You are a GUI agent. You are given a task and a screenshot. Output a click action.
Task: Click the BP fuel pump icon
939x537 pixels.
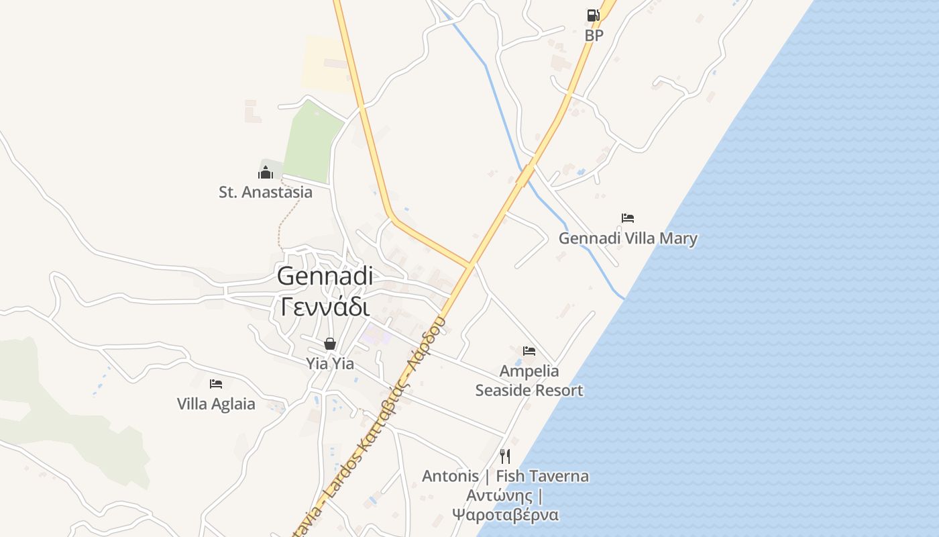coord(593,15)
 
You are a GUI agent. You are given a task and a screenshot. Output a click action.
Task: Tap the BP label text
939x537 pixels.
coord(594,36)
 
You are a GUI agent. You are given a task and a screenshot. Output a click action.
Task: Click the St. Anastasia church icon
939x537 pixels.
coord(266,173)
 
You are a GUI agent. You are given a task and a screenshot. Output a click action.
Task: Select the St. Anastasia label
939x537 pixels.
coord(266,193)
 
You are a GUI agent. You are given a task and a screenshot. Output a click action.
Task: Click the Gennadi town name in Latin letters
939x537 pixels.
coord(325,276)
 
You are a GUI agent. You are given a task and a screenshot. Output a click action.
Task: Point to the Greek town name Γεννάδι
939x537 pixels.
coord(325,307)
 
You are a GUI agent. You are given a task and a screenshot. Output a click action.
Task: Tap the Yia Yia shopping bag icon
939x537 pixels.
coord(330,344)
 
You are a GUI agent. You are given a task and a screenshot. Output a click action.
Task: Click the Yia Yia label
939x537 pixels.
coord(330,364)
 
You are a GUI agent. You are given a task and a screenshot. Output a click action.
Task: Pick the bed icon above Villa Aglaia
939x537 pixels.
coord(215,384)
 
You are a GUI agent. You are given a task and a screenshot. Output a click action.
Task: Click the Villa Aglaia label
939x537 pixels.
coord(216,404)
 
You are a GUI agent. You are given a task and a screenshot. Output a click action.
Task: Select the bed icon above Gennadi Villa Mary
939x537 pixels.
coord(628,218)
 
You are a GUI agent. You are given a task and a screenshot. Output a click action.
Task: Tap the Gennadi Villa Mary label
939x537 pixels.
coord(628,238)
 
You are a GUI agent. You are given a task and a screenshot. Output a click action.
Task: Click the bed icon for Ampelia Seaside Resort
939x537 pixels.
coord(529,351)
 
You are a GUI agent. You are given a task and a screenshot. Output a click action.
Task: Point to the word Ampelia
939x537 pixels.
coord(529,371)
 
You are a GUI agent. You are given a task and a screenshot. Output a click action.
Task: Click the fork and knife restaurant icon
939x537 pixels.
coord(505,456)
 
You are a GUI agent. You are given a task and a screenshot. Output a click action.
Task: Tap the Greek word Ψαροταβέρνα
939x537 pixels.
coord(505,515)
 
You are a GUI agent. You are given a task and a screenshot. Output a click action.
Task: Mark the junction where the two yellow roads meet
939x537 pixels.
coord(470,264)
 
